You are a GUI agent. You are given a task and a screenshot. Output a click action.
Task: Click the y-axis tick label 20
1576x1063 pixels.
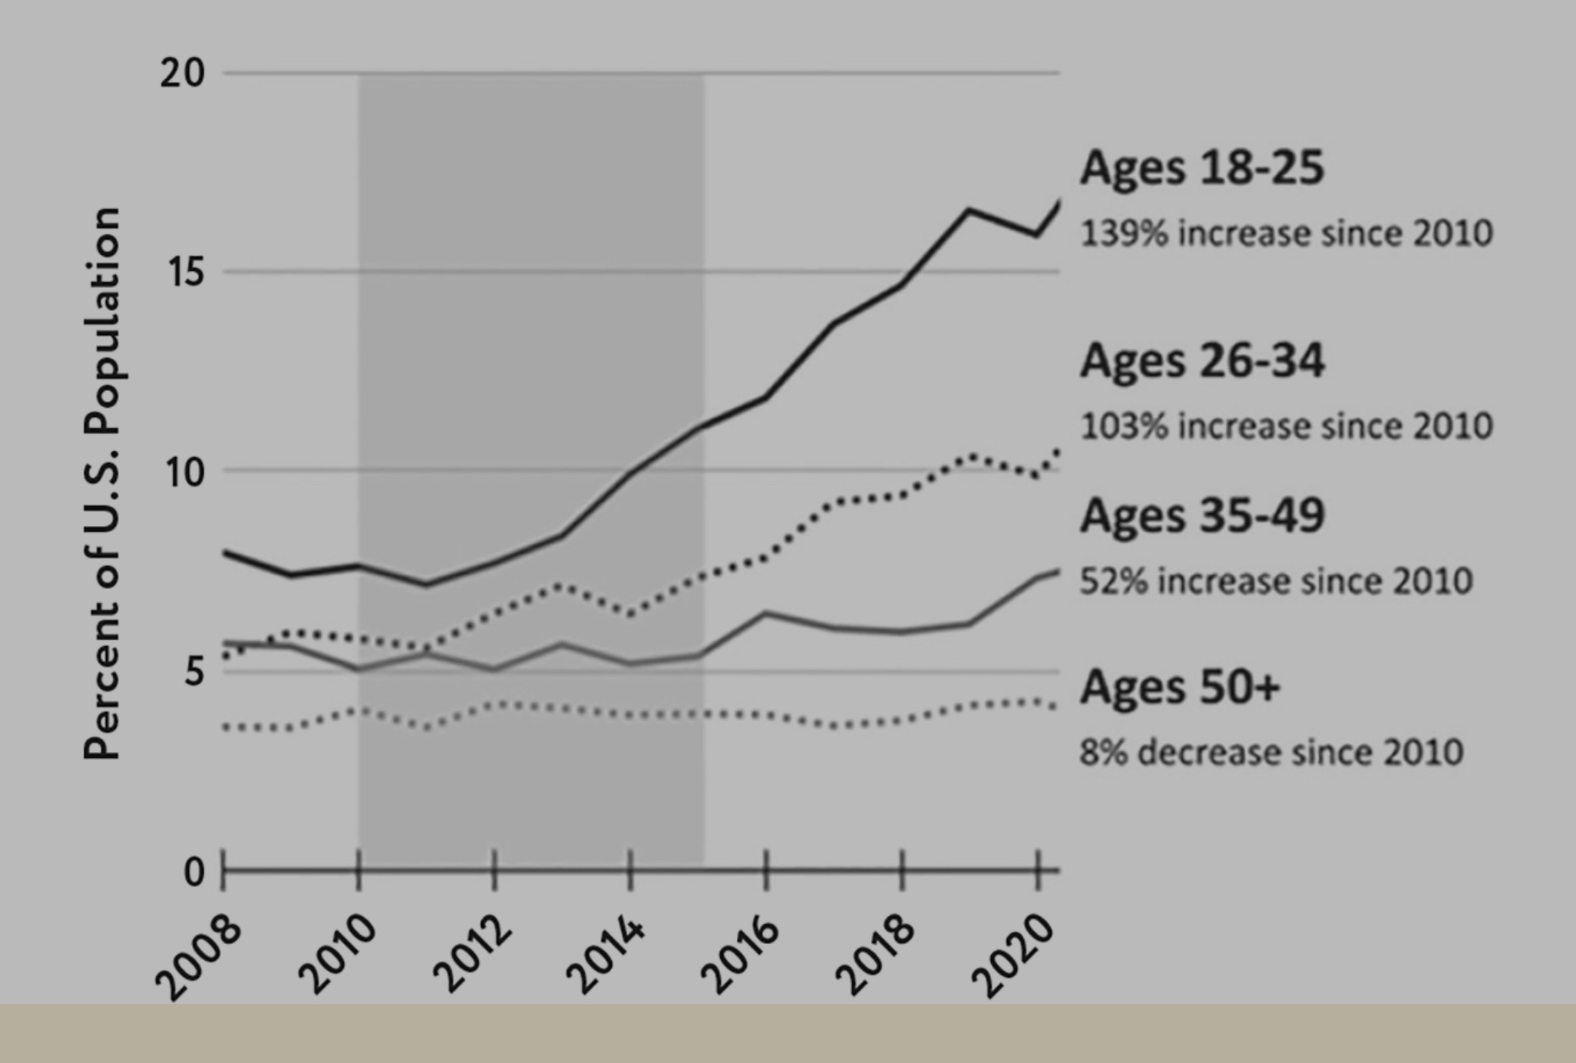pyautogui.click(x=183, y=74)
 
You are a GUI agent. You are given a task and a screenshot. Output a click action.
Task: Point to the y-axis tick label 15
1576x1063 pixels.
pyautogui.click(x=184, y=272)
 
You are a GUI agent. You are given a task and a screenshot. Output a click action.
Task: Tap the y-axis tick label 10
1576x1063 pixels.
pyautogui.click(x=184, y=472)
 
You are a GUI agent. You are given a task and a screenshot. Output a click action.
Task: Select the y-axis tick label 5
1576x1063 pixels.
pyautogui.click(x=195, y=671)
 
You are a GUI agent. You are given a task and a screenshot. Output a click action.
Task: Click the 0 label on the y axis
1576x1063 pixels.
pyautogui.click(x=194, y=873)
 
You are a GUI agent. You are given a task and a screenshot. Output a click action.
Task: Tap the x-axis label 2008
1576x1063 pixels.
pyautogui.click(x=198, y=958)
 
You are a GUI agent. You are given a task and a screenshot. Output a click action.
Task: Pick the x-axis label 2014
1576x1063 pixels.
pyautogui.click(x=606, y=958)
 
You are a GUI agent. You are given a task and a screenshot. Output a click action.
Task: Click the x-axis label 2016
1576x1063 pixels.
pyautogui.click(x=742, y=958)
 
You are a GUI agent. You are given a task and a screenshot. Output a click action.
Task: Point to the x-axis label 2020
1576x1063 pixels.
pyautogui.click(x=1013, y=958)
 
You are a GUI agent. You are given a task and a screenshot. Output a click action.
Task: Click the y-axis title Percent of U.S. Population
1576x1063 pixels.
pyautogui.click(x=102, y=483)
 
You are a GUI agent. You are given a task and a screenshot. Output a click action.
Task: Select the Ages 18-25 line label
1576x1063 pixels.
pyautogui.click(x=1202, y=167)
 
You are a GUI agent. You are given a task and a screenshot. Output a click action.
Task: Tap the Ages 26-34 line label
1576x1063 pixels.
pyautogui.click(x=1202, y=361)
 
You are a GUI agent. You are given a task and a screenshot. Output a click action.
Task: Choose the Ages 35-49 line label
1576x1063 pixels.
pyautogui.click(x=1202, y=515)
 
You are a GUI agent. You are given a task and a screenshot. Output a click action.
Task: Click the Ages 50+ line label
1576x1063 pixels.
pyautogui.click(x=1180, y=687)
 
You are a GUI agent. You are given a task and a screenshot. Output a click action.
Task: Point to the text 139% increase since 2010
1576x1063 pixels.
pyautogui.click(x=1287, y=233)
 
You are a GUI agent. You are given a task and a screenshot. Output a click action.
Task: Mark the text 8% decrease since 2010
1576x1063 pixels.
pyautogui.click(x=1271, y=752)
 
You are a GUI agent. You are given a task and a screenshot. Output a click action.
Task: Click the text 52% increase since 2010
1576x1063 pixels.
pyautogui.click(x=1276, y=581)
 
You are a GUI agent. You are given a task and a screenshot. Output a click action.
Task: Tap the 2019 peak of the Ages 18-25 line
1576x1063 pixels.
pyautogui.click(x=970, y=210)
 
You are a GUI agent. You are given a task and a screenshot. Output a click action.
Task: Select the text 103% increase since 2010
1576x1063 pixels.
pyautogui.click(x=1287, y=426)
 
